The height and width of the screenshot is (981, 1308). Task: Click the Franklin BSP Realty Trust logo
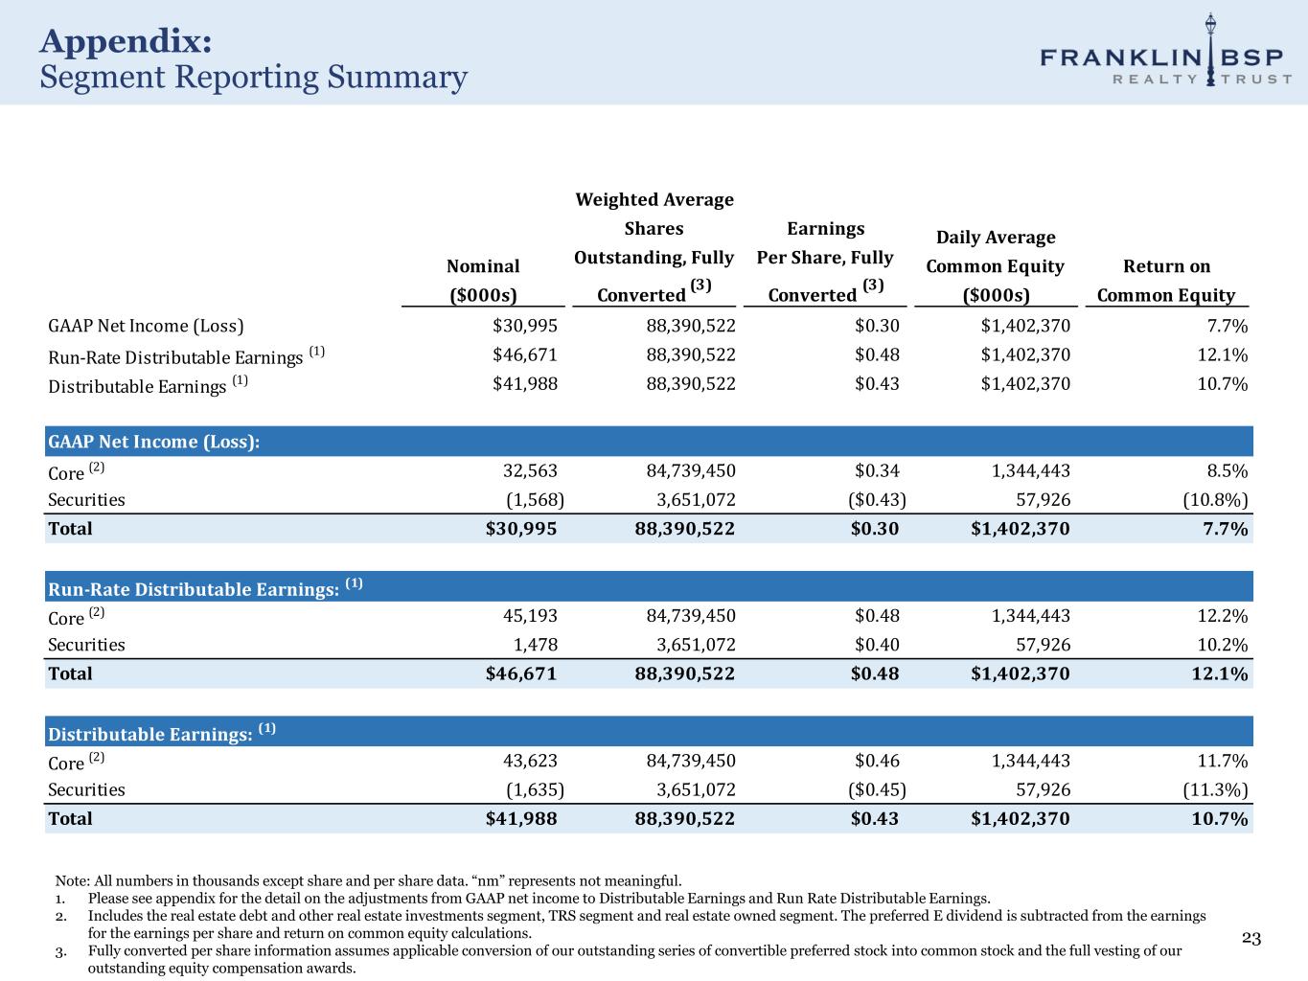click(x=1165, y=55)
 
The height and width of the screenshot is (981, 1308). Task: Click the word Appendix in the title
click(x=126, y=41)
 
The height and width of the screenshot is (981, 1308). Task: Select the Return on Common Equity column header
click(x=1165, y=281)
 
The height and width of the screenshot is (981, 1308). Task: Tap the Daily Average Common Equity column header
click(x=995, y=266)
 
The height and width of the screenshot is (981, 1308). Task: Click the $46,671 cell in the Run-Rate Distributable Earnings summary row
click(x=524, y=355)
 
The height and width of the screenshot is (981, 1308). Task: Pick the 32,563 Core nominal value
click(x=530, y=470)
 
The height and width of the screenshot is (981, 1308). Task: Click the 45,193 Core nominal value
click(x=530, y=616)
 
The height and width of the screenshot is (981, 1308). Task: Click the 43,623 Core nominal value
click(x=530, y=761)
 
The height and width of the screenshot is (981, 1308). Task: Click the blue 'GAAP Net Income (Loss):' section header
click(x=154, y=442)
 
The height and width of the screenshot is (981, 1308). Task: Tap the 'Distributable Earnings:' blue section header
click(x=151, y=734)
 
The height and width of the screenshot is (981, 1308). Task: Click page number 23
click(x=1251, y=938)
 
